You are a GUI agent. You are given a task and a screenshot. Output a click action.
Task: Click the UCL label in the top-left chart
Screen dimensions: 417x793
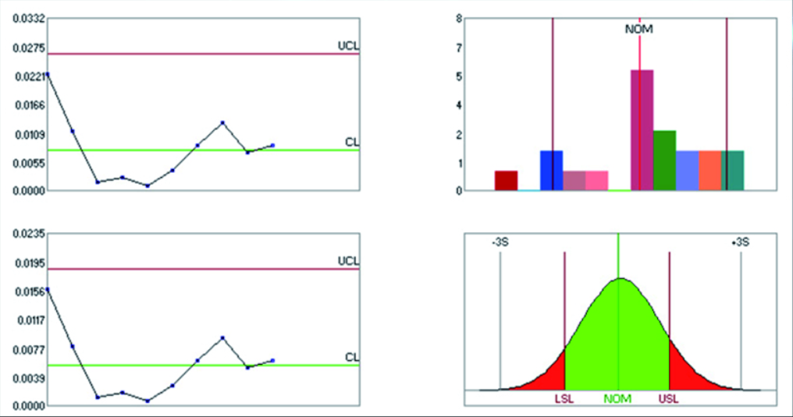(347, 46)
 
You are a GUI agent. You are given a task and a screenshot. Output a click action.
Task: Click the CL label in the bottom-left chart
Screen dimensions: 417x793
(352, 357)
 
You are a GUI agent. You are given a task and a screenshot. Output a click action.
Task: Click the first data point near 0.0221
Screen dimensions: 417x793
(47, 75)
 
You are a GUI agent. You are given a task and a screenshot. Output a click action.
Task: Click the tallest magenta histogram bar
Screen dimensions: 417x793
(642, 129)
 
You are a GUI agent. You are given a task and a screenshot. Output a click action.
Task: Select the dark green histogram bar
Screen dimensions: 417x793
(664, 161)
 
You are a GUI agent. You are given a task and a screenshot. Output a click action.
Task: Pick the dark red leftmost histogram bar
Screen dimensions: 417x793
(506, 180)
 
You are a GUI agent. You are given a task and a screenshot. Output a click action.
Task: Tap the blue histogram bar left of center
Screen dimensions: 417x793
(551, 170)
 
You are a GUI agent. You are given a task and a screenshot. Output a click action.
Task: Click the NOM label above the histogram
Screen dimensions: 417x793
(639, 30)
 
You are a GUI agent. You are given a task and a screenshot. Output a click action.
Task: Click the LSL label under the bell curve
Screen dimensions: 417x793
(564, 399)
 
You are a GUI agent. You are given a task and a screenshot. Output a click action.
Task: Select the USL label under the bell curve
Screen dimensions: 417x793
(669, 399)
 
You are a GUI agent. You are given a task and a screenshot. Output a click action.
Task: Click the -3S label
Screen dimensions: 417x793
(500, 242)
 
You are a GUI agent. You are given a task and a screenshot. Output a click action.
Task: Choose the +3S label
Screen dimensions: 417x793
(740, 242)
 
